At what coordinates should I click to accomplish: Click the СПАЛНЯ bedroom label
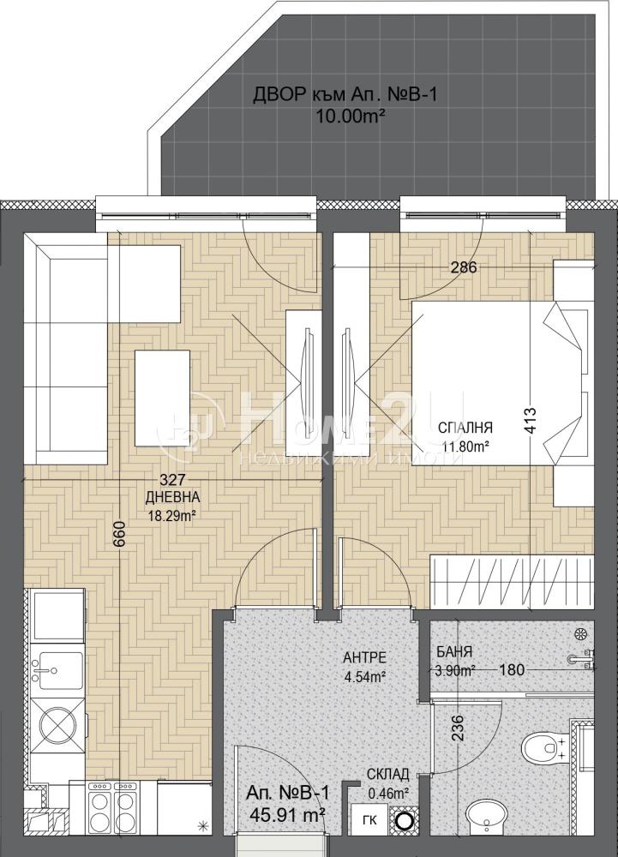click(466, 427)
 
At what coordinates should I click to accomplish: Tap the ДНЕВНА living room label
click(172, 497)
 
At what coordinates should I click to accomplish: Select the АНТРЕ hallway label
click(364, 657)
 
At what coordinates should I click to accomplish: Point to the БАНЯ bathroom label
click(454, 652)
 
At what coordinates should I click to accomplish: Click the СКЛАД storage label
click(388, 774)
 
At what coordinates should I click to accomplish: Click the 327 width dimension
click(172, 479)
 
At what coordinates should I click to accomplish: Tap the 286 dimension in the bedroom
click(464, 267)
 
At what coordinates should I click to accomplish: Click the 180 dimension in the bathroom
click(512, 669)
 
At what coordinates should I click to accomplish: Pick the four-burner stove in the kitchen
click(114, 808)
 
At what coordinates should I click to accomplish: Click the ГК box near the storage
click(369, 820)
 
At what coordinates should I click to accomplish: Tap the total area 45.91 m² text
click(287, 815)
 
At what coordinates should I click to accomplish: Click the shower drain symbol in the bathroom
click(579, 634)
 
